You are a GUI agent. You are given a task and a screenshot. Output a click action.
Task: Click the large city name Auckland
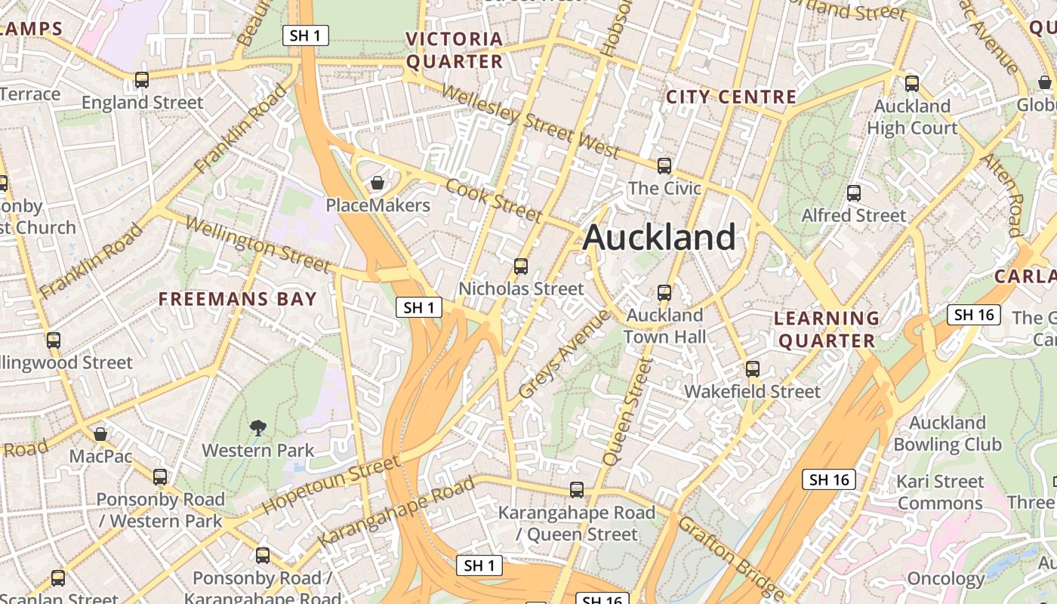coord(659,238)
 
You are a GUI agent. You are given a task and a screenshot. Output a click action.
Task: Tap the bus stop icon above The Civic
coord(664,165)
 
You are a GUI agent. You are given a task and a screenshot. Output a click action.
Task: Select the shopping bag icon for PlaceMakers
coord(377,183)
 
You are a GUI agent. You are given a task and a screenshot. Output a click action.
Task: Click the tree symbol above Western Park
coord(258,428)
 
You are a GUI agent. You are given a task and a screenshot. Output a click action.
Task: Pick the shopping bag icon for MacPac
coord(100,434)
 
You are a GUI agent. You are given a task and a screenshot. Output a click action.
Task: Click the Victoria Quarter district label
coord(454,50)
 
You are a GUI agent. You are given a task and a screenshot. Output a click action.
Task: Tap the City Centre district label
coord(731,97)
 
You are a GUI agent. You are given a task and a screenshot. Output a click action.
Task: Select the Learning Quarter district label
coord(827,329)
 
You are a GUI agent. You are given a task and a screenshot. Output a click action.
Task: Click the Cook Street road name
coord(494,201)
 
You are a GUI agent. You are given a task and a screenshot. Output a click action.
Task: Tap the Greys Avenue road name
coord(564,354)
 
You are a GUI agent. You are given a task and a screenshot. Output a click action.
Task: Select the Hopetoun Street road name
coord(331,485)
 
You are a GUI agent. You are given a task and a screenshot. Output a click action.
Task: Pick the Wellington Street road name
coord(257,244)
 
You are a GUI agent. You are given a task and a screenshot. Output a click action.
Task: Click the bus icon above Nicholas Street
coord(521,266)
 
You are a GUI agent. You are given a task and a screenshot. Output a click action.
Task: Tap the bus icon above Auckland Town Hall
coord(664,292)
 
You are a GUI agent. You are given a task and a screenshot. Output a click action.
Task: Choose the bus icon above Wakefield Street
coord(753,369)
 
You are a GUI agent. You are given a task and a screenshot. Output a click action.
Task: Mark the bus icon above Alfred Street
coord(854,193)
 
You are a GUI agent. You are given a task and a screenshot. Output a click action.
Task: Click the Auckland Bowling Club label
coord(948,433)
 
